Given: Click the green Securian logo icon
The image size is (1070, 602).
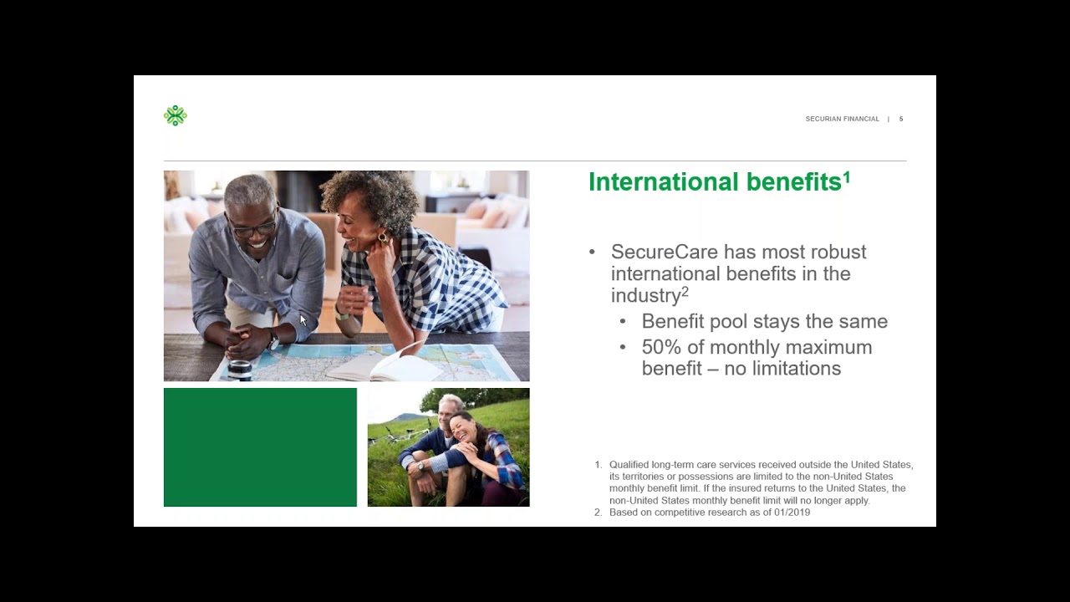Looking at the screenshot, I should tap(175, 115).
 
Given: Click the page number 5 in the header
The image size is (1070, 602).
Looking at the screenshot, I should tap(901, 119).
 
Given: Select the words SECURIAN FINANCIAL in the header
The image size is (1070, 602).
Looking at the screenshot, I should tap(842, 119).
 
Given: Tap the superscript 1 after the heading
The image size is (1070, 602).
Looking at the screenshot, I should tap(847, 176).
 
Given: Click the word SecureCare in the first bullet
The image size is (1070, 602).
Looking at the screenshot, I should tap(665, 252).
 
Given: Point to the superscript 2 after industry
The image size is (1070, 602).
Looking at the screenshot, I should tap(685, 291).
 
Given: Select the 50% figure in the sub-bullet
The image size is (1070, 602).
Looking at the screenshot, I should tap(661, 347).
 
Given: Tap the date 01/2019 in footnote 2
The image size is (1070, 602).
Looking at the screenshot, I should tap(790, 512).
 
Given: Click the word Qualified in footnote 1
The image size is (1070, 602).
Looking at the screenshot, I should tap(629, 465).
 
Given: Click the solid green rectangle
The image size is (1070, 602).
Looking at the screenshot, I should tap(260, 447).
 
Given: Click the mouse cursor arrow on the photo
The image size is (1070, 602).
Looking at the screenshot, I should tap(303, 319).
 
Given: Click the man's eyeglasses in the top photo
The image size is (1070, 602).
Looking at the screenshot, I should tap(252, 227).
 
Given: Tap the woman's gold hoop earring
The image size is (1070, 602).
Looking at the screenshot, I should tap(383, 238).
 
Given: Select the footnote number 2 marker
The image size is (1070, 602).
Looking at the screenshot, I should tap(598, 512).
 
